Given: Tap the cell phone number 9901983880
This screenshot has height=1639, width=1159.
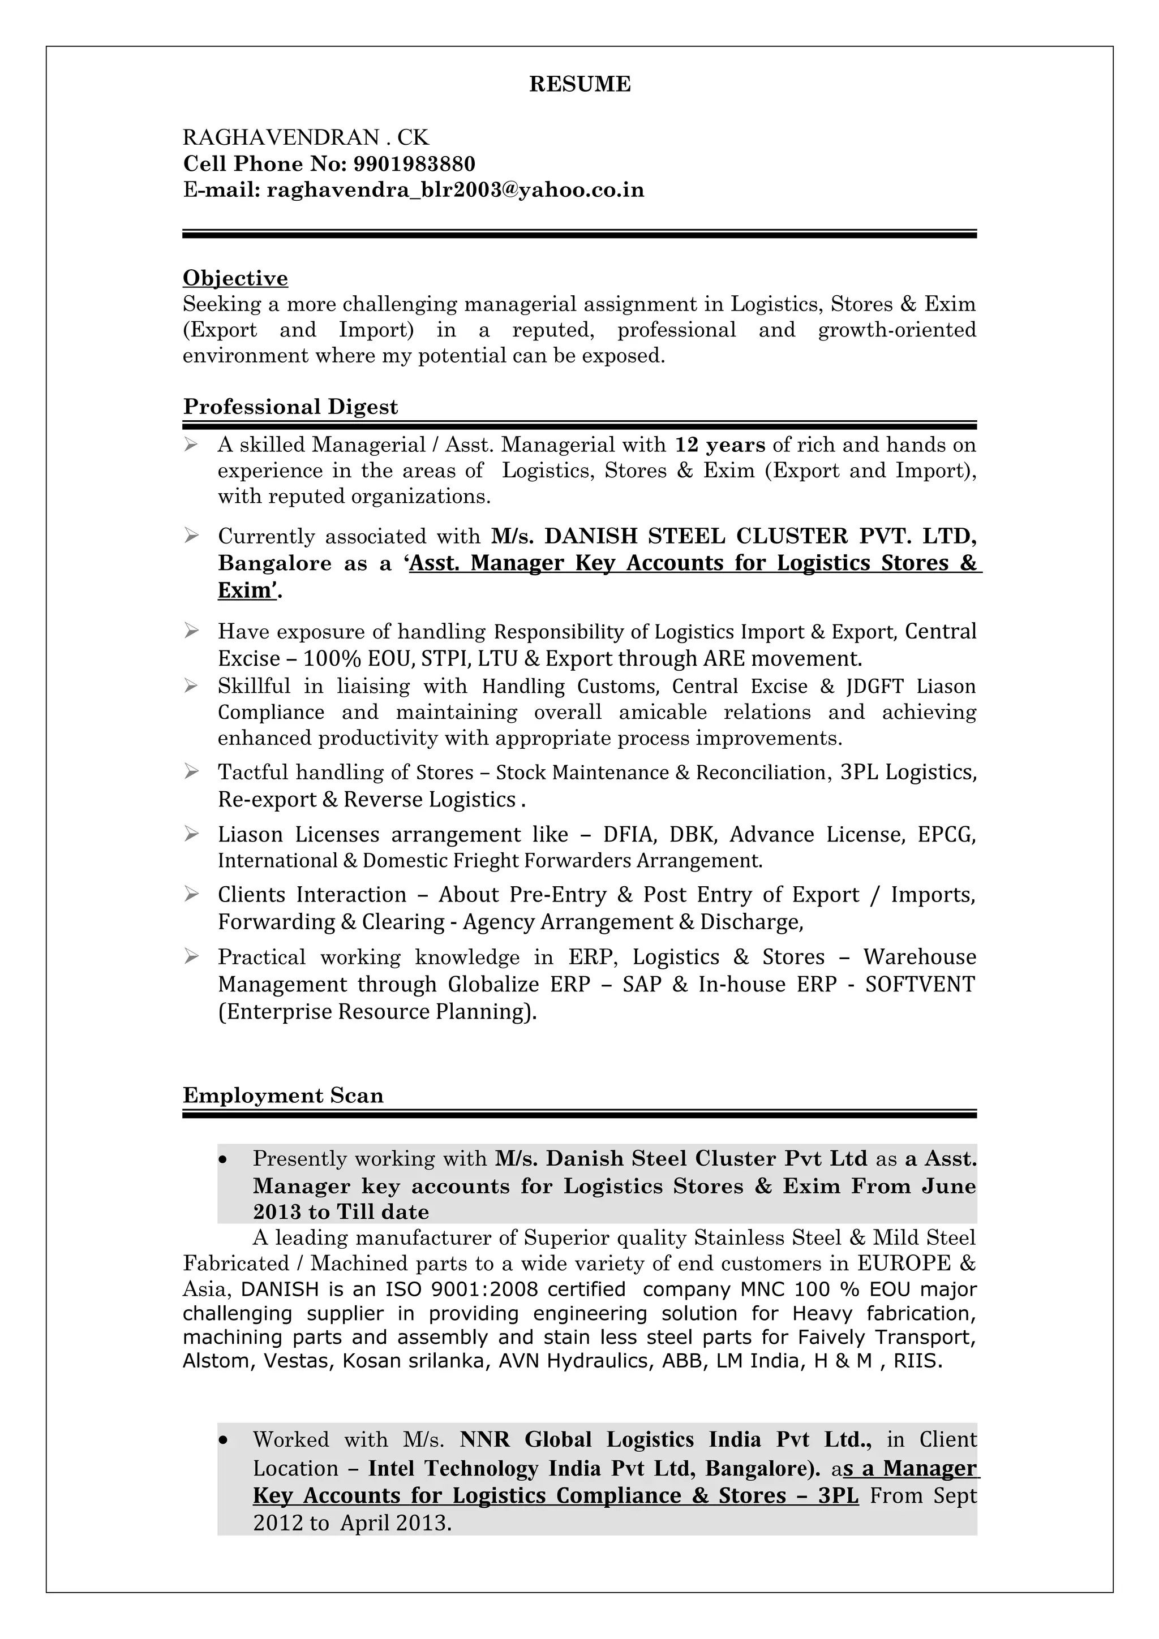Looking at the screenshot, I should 414,164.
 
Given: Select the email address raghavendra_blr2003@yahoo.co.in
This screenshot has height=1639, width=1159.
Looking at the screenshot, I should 455,190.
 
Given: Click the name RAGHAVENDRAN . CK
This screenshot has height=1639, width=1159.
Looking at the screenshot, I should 306,137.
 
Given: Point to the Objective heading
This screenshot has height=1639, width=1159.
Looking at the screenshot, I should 235,278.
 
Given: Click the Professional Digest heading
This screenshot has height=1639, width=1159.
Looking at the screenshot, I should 290,407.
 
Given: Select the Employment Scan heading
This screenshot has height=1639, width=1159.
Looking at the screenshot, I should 283,1095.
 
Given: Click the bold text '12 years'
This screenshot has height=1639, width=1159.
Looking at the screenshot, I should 719,445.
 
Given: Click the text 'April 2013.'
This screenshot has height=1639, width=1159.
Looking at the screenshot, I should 396,1524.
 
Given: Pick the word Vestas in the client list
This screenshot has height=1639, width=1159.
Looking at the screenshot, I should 298,1361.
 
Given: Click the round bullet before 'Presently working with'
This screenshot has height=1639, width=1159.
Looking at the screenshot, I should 224,1160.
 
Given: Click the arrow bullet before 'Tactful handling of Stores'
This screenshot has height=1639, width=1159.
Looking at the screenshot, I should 191,771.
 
